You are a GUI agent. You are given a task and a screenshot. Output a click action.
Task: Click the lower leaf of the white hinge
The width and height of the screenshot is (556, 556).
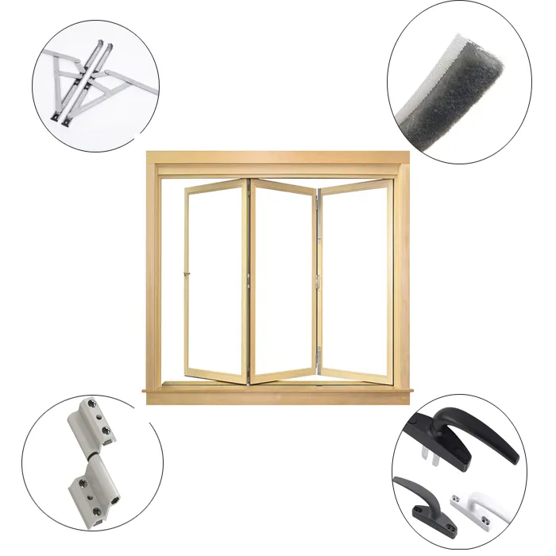click(94, 492)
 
